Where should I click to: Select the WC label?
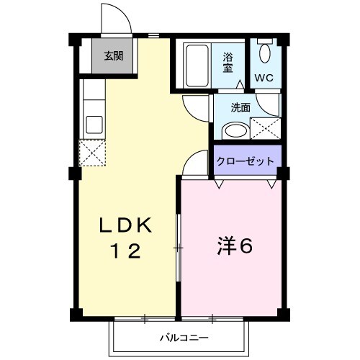tap(261, 77)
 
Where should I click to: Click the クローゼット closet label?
tap(246, 161)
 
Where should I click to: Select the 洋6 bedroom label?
tap(234, 246)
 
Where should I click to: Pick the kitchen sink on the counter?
tap(94, 123)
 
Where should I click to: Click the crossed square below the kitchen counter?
tap(93, 153)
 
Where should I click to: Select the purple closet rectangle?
tap(246, 162)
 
